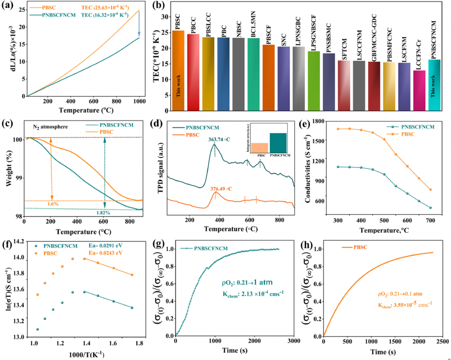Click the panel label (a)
tap(8, 6)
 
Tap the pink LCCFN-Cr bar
tap(419, 90)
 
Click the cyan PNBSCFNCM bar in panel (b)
tap(434, 85)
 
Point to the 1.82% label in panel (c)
tap(103, 213)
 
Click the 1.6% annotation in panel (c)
tap(53, 204)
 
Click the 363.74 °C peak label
tap(219, 140)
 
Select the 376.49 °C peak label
tap(221, 189)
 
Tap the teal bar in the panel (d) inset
tap(278, 143)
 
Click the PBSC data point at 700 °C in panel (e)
tap(430, 190)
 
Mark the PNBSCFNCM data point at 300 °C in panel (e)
tap(338, 167)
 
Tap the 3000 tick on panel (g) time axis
tap(294, 341)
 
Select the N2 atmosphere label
tap(50, 127)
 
